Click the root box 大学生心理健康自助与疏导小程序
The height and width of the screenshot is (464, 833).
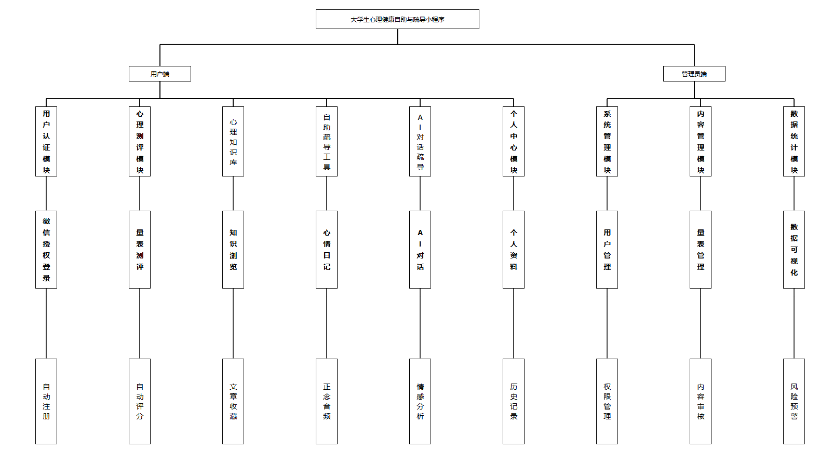pos(397,19)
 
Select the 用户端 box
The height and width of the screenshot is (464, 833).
pos(160,74)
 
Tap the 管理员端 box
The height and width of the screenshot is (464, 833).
pos(694,74)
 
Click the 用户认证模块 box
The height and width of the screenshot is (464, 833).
pos(46,141)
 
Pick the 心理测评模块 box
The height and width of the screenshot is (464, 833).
pos(140,141)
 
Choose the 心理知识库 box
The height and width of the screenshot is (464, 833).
pos(233,141)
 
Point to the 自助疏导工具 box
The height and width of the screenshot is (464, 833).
pos(327,141)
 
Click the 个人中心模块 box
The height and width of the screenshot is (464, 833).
pos(514,141)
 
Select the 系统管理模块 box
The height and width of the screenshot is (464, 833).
pos(607,141)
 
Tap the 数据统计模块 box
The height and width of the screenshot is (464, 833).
pos(794,141)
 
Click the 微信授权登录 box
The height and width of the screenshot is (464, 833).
pos(46,249)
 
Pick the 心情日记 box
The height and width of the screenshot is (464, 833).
pos(327,249)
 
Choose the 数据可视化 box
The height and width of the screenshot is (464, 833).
pos(794,249)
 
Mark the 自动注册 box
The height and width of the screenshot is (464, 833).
pos(46,401)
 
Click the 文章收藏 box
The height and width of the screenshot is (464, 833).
pos(233,401)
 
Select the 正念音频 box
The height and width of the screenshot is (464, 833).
pos(327,401)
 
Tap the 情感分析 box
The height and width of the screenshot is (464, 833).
pos(420,401)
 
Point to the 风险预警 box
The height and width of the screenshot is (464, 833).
pos(794,401)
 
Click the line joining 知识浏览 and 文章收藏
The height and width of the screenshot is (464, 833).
pos(233,323)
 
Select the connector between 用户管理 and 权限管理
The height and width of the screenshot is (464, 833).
pos(607,323)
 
